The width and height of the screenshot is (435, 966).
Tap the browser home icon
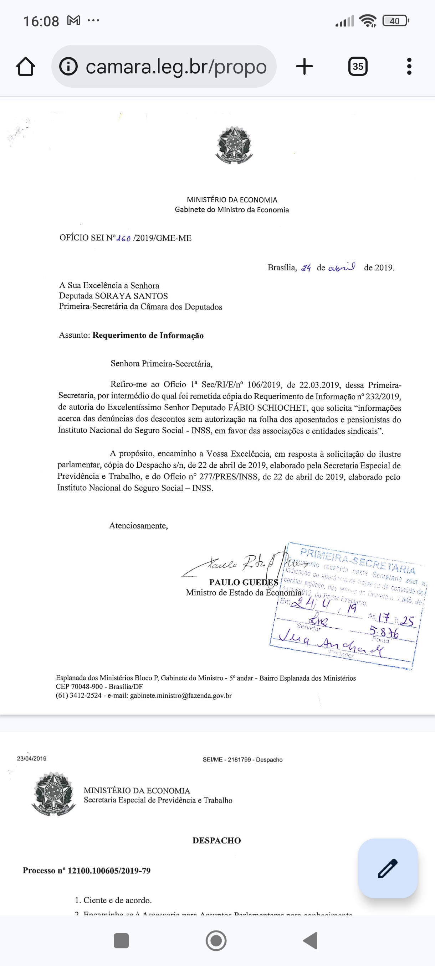(26, 67)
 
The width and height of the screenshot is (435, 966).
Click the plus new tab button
(304, 67)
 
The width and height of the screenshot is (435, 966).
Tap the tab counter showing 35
(358, 67)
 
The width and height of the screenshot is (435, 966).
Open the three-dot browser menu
(409, 67)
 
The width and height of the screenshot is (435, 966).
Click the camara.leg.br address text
(176, 67)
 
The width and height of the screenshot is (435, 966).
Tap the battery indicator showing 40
(395, 21)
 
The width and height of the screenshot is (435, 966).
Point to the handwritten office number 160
(123, 239)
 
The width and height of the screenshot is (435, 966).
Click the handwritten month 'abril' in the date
(341, 268)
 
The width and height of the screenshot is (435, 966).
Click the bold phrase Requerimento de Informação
(148, 336)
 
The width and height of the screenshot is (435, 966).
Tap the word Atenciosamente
(138, 526)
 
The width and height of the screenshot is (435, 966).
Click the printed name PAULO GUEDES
(244, 582)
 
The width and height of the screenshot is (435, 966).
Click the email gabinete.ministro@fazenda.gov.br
(181, 696)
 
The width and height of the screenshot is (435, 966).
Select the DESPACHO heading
(216, 840)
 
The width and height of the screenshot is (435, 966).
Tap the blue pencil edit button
(388, 868)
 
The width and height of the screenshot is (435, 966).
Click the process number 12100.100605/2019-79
(109, 871)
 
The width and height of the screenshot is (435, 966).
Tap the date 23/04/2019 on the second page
(31, 758)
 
